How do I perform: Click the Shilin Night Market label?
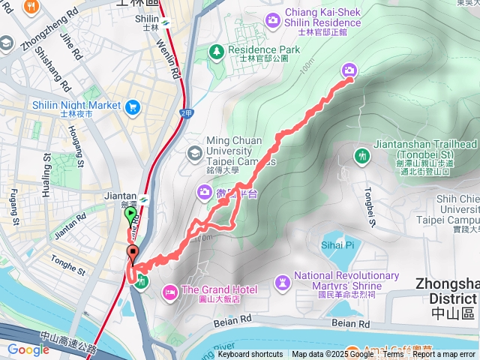coord(76,105)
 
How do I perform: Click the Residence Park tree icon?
coord(216,50)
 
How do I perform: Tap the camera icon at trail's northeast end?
coord(349,70)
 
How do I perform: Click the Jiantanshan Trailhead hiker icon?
coord(362,155)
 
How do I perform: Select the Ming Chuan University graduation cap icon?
coord(195,152)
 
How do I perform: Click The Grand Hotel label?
coord(219,289)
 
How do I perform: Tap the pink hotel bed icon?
coord(170,289)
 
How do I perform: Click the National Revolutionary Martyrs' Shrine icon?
coord(282,281)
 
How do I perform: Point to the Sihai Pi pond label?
coord(337,244)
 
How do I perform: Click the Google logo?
coord(28,349)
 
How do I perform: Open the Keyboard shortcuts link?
coord(250,354)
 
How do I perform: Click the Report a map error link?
coord(444,354)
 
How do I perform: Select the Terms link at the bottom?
coord(393,354)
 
